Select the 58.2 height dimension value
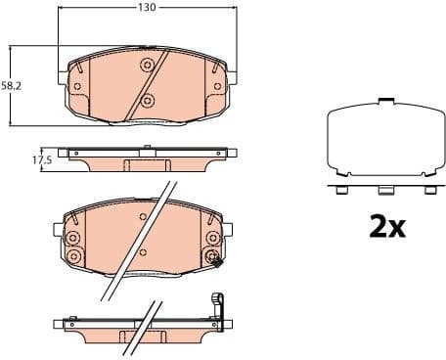pyautogui.click(x=11, y=86)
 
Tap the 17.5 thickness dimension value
pyautogui.click(x=40, y=158)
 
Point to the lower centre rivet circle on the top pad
pyautogui.click(x=147, y=101)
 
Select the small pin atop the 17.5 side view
pyautogui.click(x=145, y=148)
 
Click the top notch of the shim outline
pyautogui.click(x=386, y=102)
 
